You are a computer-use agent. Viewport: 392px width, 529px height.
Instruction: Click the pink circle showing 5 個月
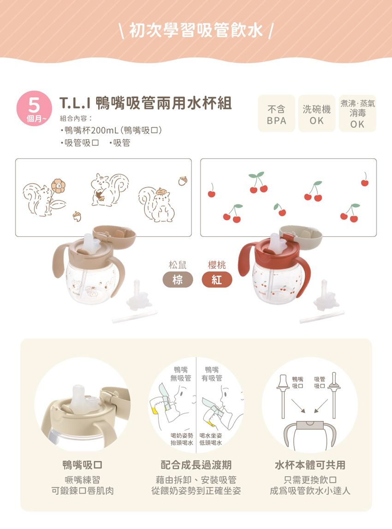[x=34, y=108]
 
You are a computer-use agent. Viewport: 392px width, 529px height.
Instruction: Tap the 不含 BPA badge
[x=276, y=114]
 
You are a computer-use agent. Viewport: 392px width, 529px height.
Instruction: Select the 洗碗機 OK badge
[x=316, y=114]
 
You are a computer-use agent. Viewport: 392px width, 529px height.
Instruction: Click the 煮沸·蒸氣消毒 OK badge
[x=357, y=114]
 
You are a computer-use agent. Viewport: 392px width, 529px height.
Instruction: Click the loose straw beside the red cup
[x=322, y=317]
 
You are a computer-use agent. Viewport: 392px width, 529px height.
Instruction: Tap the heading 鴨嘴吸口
[x=83, y=465]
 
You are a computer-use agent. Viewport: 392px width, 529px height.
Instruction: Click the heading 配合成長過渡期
[x=196, y=465]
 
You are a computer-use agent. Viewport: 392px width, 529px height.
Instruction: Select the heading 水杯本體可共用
[x=310, y=465]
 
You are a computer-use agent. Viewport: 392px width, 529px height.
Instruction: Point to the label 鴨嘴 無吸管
[x=181, y=374]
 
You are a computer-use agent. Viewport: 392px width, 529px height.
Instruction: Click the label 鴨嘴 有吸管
[x=212, y=374]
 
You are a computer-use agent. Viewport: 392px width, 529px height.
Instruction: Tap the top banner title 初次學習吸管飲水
[x=196, y=31]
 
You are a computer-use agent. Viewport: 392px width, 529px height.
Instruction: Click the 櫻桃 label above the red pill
[x=217, y=265]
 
